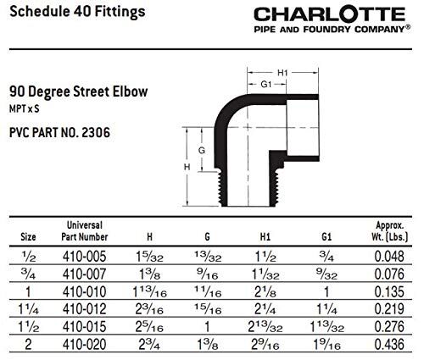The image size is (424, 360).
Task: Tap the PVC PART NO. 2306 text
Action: click(60, 132)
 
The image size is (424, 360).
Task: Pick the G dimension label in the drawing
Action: click(201, 150)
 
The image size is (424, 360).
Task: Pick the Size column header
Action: click(28, 237)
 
